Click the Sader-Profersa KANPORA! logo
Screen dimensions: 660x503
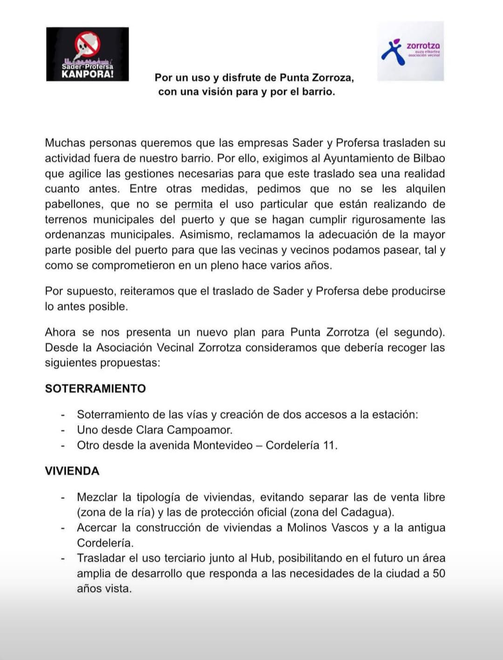(87, 54)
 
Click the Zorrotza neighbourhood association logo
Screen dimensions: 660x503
(410, 51)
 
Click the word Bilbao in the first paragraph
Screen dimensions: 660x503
(428, 158)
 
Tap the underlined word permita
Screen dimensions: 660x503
(193, 204)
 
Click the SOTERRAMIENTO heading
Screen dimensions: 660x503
(95, 389)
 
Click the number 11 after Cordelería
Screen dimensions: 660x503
(329, 445)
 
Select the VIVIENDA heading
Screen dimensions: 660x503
(72, 471)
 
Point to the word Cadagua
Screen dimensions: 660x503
(367, 512)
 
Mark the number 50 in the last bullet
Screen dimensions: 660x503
(439, 573)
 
